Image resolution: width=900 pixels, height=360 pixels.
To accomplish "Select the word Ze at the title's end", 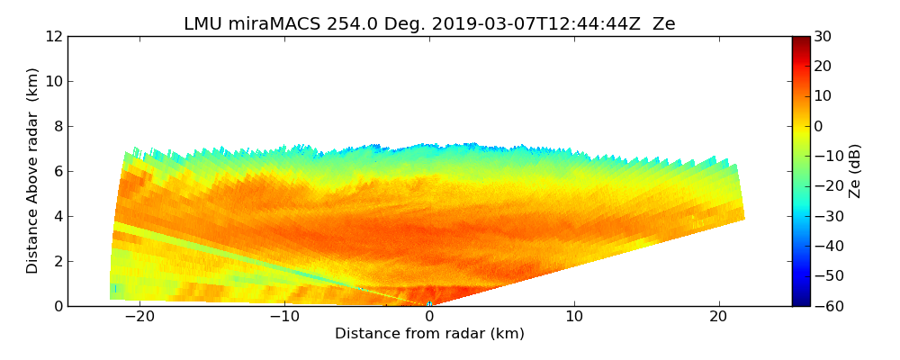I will [663, 24].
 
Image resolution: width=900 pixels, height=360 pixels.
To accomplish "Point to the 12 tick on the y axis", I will [54, 36].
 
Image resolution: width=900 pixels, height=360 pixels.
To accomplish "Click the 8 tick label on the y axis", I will [58, 126].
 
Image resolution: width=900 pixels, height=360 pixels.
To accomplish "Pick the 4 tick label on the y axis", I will [58, 216].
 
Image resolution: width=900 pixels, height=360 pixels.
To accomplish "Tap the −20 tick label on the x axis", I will [139, 317].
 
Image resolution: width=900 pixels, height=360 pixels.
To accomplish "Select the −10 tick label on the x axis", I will [283, 317].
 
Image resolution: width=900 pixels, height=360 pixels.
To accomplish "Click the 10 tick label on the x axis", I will [574, 317].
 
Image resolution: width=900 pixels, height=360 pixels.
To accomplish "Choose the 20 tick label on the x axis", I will [718, 317].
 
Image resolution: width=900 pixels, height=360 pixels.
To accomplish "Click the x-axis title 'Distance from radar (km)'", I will [429, 334].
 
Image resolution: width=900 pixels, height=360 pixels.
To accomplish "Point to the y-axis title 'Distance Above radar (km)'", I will [32, 171].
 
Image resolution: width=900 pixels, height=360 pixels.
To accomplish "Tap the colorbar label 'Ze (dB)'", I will [855, 171].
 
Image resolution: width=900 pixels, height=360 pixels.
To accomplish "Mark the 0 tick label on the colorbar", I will [819, 126].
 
